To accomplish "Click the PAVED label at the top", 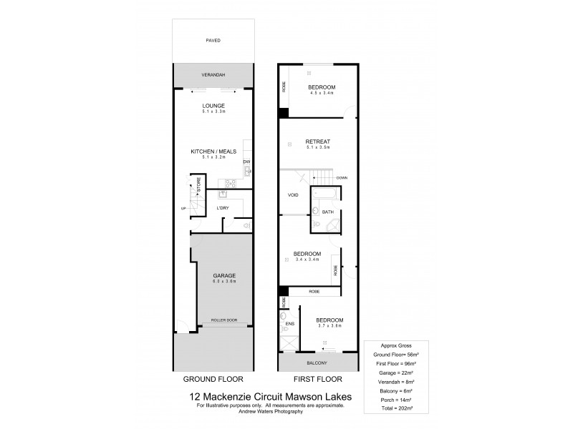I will pos(213,41).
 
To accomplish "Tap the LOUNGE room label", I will pos(213,105).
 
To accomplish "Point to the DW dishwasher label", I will pos(246,162).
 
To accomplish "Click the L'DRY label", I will pos(222,208).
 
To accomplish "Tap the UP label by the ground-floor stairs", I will pos(183,209).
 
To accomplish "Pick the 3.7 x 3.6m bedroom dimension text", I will pos(330,326).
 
